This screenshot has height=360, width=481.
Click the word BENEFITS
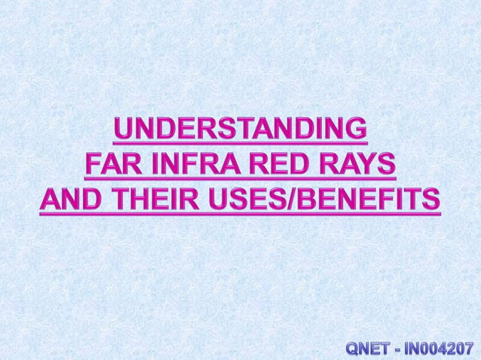click(365, 200)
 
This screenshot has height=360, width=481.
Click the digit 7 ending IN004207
click(473, 348)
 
